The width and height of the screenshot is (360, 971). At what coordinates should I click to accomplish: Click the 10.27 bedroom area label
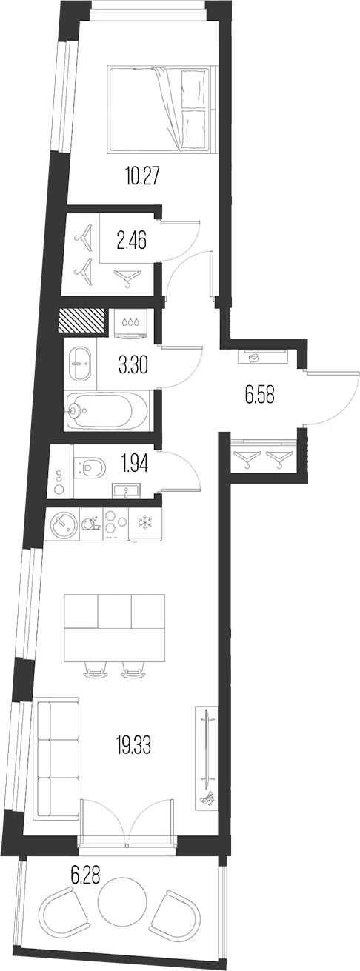pyautogui.click(x=141, y=177)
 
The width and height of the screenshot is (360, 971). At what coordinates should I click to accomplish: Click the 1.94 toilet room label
pyautogui.click(x=136, y=464)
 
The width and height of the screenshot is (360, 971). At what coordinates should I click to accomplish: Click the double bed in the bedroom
pyautogui.click(x=161, y=109)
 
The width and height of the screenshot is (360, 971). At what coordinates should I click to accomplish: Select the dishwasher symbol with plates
pyautogui.click(x=90, y=523)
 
